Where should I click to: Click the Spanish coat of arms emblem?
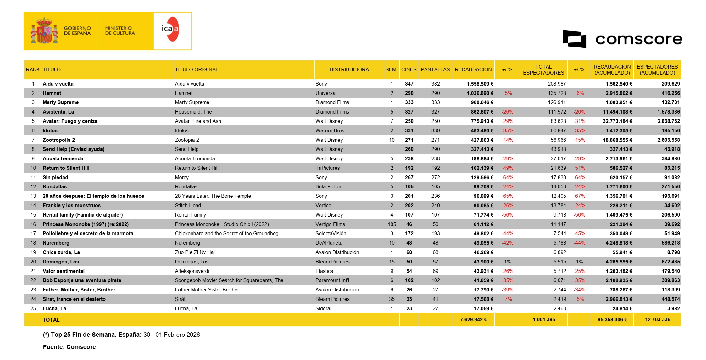44,31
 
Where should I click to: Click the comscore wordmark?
639,39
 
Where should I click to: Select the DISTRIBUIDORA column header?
349,70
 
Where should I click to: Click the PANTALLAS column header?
435,70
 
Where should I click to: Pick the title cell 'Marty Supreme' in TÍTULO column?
61,102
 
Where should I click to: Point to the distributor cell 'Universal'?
326,93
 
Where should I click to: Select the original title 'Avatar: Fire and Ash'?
198,121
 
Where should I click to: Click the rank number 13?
33,196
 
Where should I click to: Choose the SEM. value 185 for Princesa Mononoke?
392,224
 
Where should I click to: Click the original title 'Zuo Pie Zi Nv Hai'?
195,252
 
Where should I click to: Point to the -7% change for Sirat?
507,299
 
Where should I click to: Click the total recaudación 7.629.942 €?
473,320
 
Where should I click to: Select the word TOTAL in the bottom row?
51,320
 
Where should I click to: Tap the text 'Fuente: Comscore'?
69,347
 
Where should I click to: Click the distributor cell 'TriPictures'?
327,168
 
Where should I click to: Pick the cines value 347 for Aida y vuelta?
409,84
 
